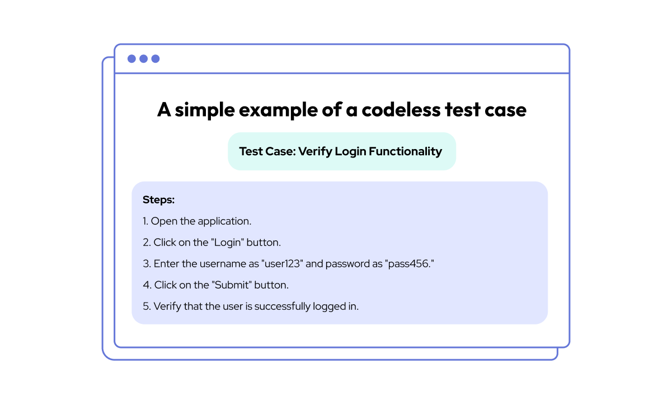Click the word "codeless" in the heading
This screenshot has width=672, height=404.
[x=400, y=110]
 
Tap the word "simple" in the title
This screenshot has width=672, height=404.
[x=204, y=110]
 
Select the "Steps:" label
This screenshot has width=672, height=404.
[x=159, y=199]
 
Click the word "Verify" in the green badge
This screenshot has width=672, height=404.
[x=314, y=151]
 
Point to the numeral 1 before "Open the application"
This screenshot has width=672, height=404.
[x=145, y=221]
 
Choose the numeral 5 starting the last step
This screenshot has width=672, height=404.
[x=146, y=306]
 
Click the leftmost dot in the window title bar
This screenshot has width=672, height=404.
[x=131, y=59]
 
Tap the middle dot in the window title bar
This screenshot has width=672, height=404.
[x=143, y=59]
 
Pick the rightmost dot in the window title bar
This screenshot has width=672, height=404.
[x=156, y=59]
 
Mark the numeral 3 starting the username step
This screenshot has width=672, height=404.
[x=146, y=263]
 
